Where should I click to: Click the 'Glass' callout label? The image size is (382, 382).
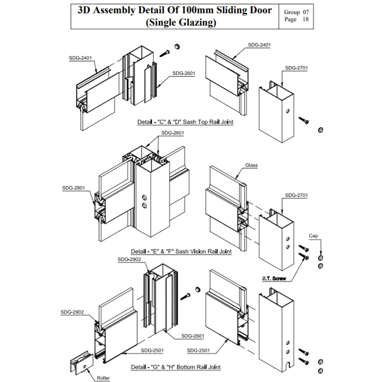pyautogui.click(x=252, y=165)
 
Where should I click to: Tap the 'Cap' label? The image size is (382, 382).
pyautogui.click(x=313, y=236)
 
